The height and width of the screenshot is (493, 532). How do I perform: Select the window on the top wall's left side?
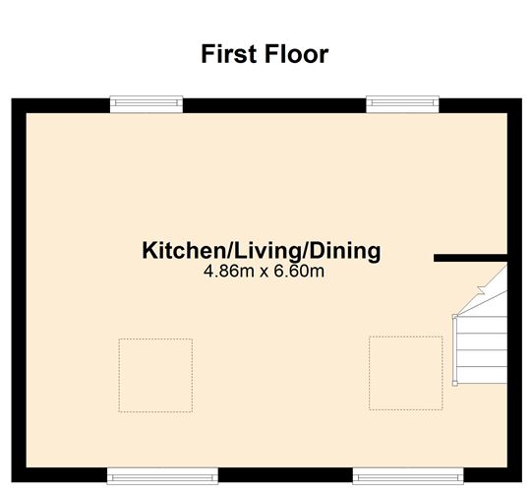point(147,101)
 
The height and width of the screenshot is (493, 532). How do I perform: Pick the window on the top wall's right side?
point(403,101)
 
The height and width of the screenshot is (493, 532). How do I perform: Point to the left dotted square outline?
point(155,374)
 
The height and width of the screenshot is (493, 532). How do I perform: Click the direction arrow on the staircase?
point(480,288)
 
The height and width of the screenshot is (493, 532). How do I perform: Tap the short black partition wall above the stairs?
point(470,258)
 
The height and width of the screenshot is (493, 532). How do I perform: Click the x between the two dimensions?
point(264,272)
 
